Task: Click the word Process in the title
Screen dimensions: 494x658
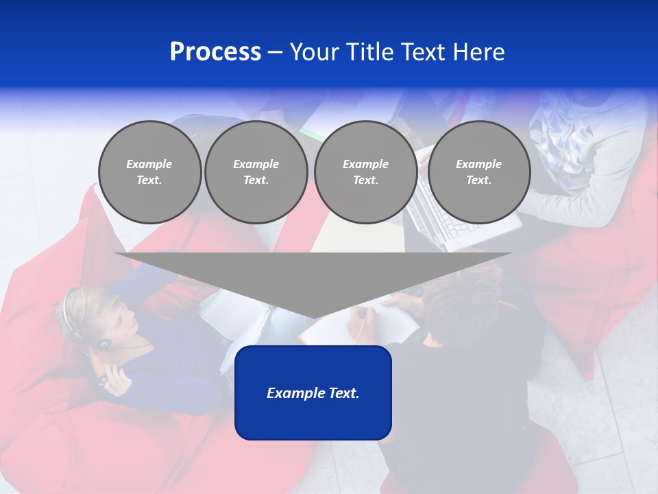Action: [x=215, y=52]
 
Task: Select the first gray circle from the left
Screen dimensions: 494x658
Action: [x=150, y=172]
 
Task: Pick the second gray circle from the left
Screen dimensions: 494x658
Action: [x=256, y=172]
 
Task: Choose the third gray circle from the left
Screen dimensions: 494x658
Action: [x=365, y=172]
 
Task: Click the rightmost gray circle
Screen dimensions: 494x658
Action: [x=479, y=172]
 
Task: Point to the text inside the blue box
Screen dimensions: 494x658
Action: [x=313, y=393]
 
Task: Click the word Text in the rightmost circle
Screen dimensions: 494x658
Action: [x=478, y=180]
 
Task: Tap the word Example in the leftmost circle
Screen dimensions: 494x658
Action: [x=149, y=164]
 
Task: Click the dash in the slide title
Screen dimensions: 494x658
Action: [x=276, y=52]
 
